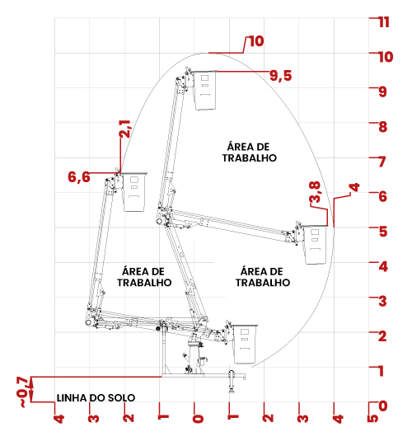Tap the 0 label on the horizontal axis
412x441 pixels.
point(198,419)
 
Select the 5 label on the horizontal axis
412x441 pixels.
point(372,419)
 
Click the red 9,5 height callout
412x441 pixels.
point(280,76)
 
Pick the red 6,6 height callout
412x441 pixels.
point(79,177)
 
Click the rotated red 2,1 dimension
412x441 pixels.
point(124,129)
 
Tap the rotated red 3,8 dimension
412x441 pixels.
point(315,192)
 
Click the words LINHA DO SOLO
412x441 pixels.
point(96,397)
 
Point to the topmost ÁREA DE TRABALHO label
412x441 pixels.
point(249,152)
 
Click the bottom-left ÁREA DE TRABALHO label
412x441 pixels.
point(144,277)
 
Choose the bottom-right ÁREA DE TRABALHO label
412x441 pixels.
point(263,277)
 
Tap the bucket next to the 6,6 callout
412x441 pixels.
point(134,192)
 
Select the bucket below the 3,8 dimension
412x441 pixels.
point(316,245)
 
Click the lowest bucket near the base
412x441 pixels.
point(245,344)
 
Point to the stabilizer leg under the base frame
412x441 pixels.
point(232,382)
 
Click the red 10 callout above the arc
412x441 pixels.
point(256,41)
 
